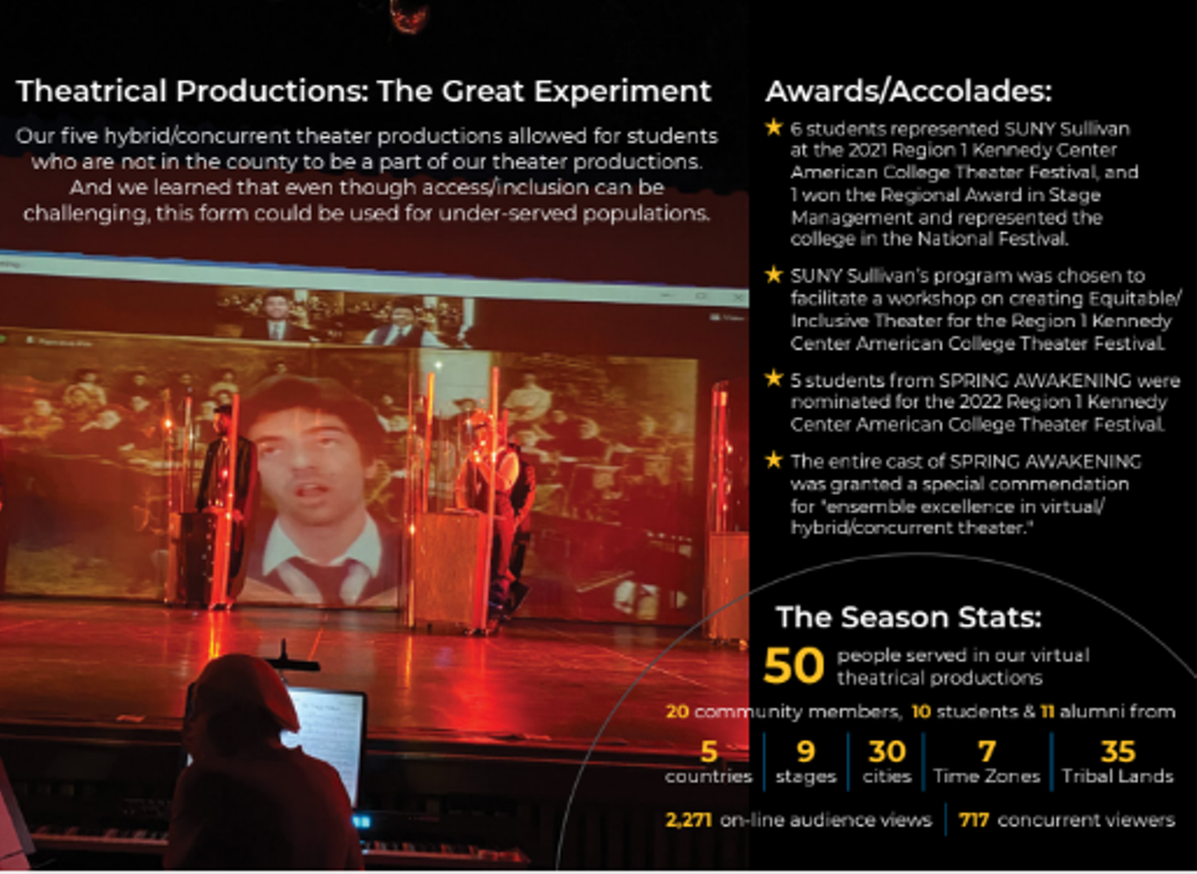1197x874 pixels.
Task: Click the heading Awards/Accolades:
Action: click(908, 91)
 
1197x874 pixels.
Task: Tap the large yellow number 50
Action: click(793, 665)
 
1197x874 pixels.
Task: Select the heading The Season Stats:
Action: click(908, 617)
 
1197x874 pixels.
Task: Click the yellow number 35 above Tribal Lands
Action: click(1117, 751)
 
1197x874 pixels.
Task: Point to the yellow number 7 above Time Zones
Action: click(987, 751)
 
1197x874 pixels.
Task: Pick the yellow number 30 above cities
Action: click(887, 751)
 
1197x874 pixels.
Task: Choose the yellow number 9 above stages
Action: click(806, 751)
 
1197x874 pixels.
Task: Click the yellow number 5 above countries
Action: click(709, 751)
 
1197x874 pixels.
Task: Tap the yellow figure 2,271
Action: click(689, 820)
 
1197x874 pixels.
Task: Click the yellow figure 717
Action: click(974, 820)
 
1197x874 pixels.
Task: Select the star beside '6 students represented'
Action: click(774, 128)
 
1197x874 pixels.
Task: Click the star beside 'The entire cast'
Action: click(774, 461)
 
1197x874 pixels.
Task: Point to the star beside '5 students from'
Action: click(774, 379)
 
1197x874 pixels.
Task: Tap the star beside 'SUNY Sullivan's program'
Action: click(774, 275)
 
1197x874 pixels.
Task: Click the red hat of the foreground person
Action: click(248, 692)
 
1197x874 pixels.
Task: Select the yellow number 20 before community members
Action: click(678, 711)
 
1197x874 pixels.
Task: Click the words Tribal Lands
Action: click(1117, 776)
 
